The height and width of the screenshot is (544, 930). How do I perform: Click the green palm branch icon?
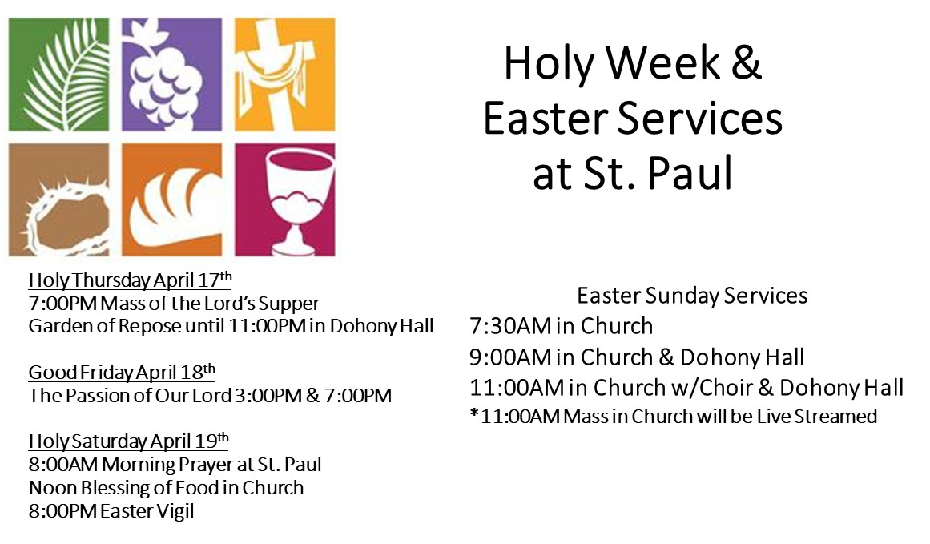pos(58,75)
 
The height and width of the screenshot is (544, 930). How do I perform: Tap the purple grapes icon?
pos(172,75)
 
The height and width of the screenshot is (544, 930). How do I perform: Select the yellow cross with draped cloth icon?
pos(284,75)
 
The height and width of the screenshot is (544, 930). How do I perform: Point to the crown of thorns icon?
pos(58,200)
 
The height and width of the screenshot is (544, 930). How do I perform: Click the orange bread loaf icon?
pos(172,200)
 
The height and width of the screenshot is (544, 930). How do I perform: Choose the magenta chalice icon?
pos(284,200)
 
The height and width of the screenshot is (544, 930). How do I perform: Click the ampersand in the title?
pos(746,62)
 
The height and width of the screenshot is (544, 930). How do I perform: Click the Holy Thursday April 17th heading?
pos(130,280)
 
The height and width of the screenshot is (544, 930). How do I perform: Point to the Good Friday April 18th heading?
pos(122,372)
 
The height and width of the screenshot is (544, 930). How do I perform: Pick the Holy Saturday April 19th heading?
pos(128,441)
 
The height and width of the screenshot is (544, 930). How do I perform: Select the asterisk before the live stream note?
pos(474,413)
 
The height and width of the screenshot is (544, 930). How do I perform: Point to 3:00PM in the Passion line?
pos(268,396)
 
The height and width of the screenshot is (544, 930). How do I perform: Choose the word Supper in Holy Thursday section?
pos(289,304)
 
